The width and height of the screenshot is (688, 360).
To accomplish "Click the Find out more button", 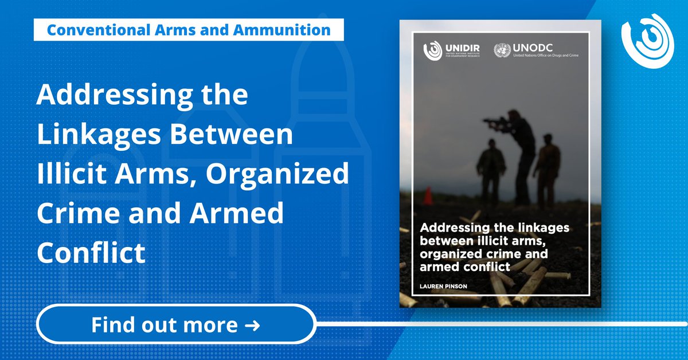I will click(x=177, y=326).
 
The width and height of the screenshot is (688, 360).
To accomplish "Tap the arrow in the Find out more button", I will click(x=252, y=326).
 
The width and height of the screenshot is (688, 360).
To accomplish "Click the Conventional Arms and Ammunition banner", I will click(x=189, y=30).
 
